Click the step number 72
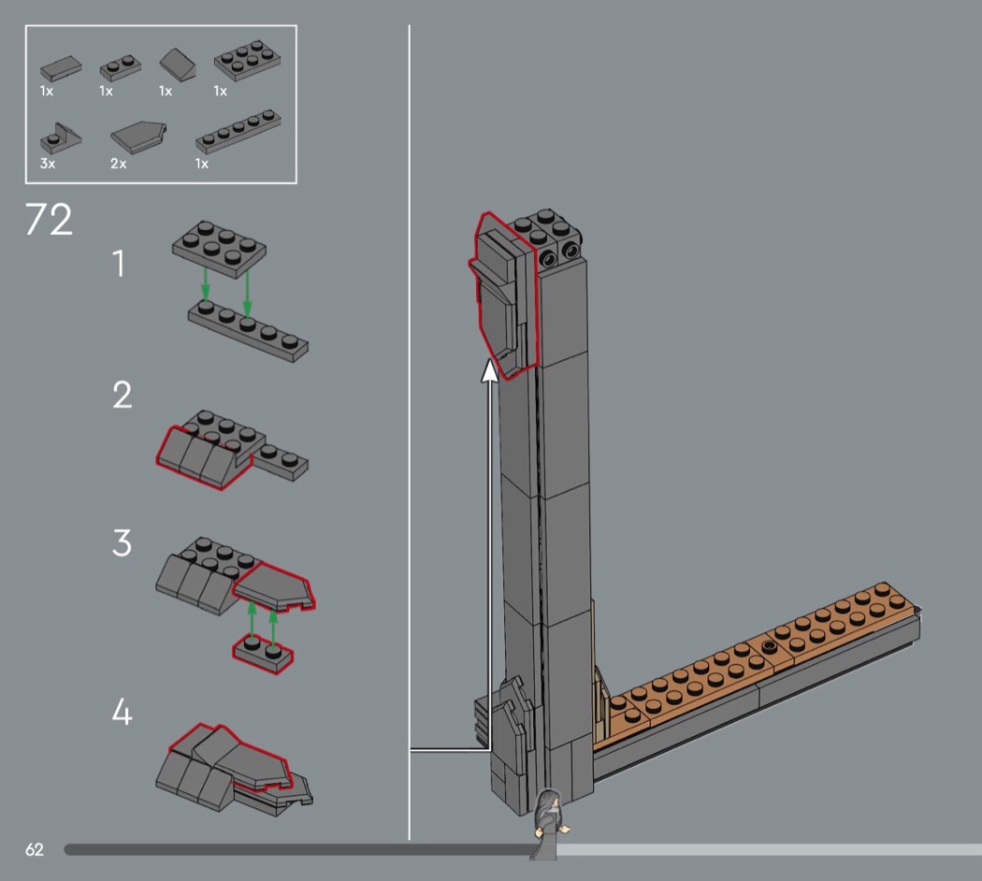pos(49,219)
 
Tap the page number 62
pos(35,849)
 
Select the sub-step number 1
pos(119,263)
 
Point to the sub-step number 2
pos(123,395)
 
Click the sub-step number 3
pos(123,542)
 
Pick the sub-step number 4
pos(123,712)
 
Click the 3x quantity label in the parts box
pos(48,164)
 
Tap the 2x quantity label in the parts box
pos(119,164)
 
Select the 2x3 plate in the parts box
pos(247,60)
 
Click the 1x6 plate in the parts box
pos(238,132)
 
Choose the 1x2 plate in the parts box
pos(121,67)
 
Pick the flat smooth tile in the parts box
pos(61,67)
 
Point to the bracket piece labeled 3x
pos(60,138)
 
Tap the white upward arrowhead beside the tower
pos(489,370)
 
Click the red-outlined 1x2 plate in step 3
pos(263,655)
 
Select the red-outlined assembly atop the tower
pos(503,295)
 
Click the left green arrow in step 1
pos(206,283)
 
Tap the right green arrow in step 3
pos(273,627)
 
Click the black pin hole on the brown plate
pos(770,645)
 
